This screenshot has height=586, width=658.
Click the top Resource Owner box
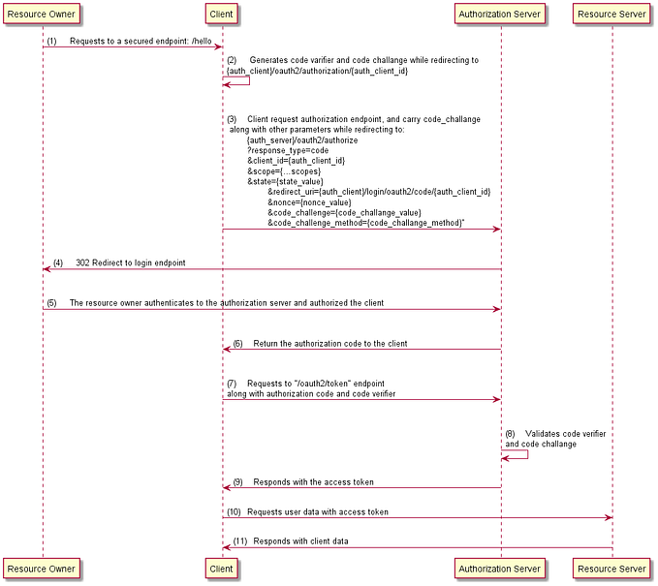pos(43,15)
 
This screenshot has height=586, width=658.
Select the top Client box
pos(222,15)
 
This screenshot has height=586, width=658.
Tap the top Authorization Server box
pos(500,15)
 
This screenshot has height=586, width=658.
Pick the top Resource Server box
pos(611,15)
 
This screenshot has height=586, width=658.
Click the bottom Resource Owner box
pos(43,569)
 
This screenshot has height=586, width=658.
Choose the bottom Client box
pos(222,569)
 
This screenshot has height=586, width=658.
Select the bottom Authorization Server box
pos(500,569)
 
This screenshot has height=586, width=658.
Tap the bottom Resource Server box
pos(611,569)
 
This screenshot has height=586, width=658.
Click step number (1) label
pos(51,41)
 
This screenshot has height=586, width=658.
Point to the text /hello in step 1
pos(201,41)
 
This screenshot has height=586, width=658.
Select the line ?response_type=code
pos(288,150)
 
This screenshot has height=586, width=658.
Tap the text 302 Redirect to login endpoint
pos(131,262)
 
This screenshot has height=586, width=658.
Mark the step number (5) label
pos(51,302)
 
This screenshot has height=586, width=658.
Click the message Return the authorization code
pos(329,343)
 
